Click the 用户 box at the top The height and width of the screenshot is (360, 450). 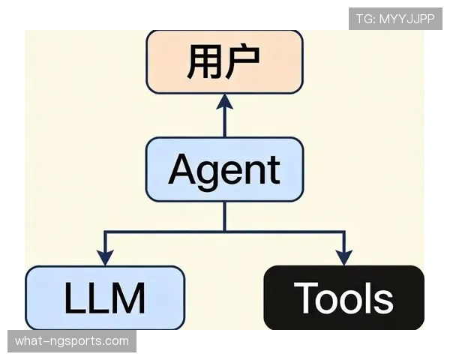point(225,62)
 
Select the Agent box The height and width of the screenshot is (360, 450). point(225,169)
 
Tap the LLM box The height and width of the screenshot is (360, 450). point(105,298)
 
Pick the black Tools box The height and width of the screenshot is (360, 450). point(343,298)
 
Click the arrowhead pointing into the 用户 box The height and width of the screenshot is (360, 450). point(225,102)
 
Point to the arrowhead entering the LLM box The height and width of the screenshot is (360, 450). point(105,258)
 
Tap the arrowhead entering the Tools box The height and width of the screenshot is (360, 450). point(343,258)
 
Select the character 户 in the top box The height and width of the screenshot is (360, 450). point(243,61)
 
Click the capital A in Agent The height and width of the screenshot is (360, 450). point(184,169)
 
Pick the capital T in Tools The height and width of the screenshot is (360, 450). point(306,298)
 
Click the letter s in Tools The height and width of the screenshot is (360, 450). point(382,301)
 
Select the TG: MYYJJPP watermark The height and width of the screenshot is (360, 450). point(395,19)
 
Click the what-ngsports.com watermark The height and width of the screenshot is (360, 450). point(72,341)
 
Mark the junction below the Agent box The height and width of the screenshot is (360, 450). point(225,231)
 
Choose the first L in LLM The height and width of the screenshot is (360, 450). point(76,298)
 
